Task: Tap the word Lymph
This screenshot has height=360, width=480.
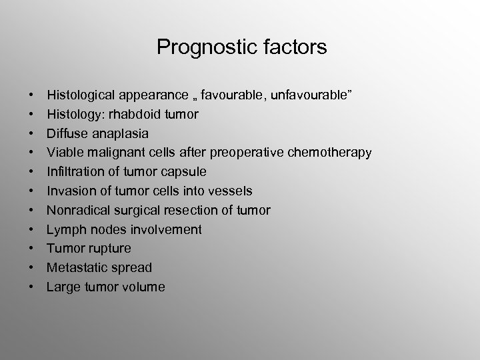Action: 64,230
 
